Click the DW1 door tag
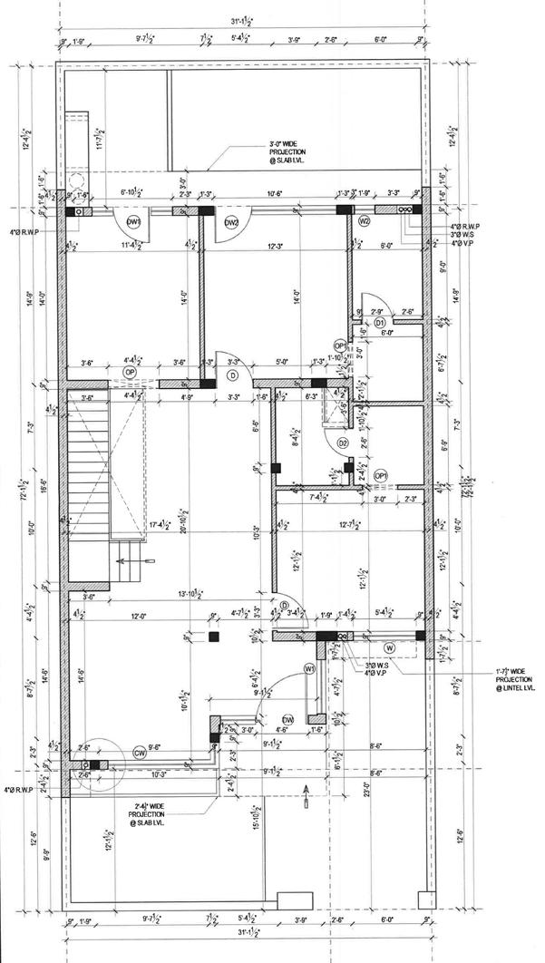pyautogui.click(x=134, y=222)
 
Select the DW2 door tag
pyautogui.click(x=231, y=222)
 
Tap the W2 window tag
pyautogui.click(x=365, y=221)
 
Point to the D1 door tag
pyautogui.click(x=380, y=323)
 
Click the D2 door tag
pyautogui.click(x=343, y=443)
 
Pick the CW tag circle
pyautogui.click(x=140, y=753)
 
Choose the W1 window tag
pyautogui.click(x=309, y=668)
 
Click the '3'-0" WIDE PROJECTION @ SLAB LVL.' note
pyautogui.click(x=288, y=152)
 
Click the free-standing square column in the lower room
pyautogui.click(x=213, y=637)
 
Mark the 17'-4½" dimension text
pyautogui.click(x=162, y=522)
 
